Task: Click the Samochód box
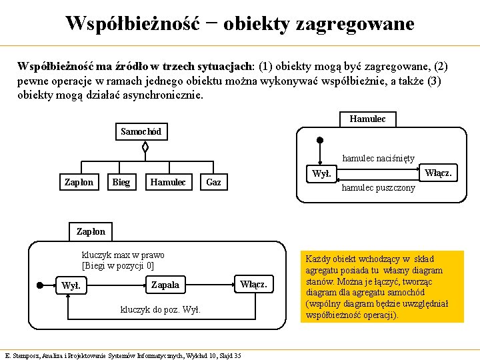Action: (141, 131)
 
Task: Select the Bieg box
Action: (121, 182)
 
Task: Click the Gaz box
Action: (214, 182)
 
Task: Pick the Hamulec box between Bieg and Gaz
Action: (168, 182)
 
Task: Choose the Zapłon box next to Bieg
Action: (79, 182)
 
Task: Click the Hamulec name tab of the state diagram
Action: (367, 119)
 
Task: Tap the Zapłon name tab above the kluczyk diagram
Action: (91, 232)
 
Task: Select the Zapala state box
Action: (165, 285)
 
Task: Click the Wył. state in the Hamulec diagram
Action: (321, 173)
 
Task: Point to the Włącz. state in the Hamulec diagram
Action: (439, 173)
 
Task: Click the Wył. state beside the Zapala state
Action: (70, 285)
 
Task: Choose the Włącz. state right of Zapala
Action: (253, 285)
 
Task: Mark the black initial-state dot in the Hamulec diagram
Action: (320, 141)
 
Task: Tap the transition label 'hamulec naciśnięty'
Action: (378, 159)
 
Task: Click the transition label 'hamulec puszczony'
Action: (378, 188)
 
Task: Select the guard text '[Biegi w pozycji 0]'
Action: (118, 265)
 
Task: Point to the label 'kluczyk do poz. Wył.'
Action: (160, 310)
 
